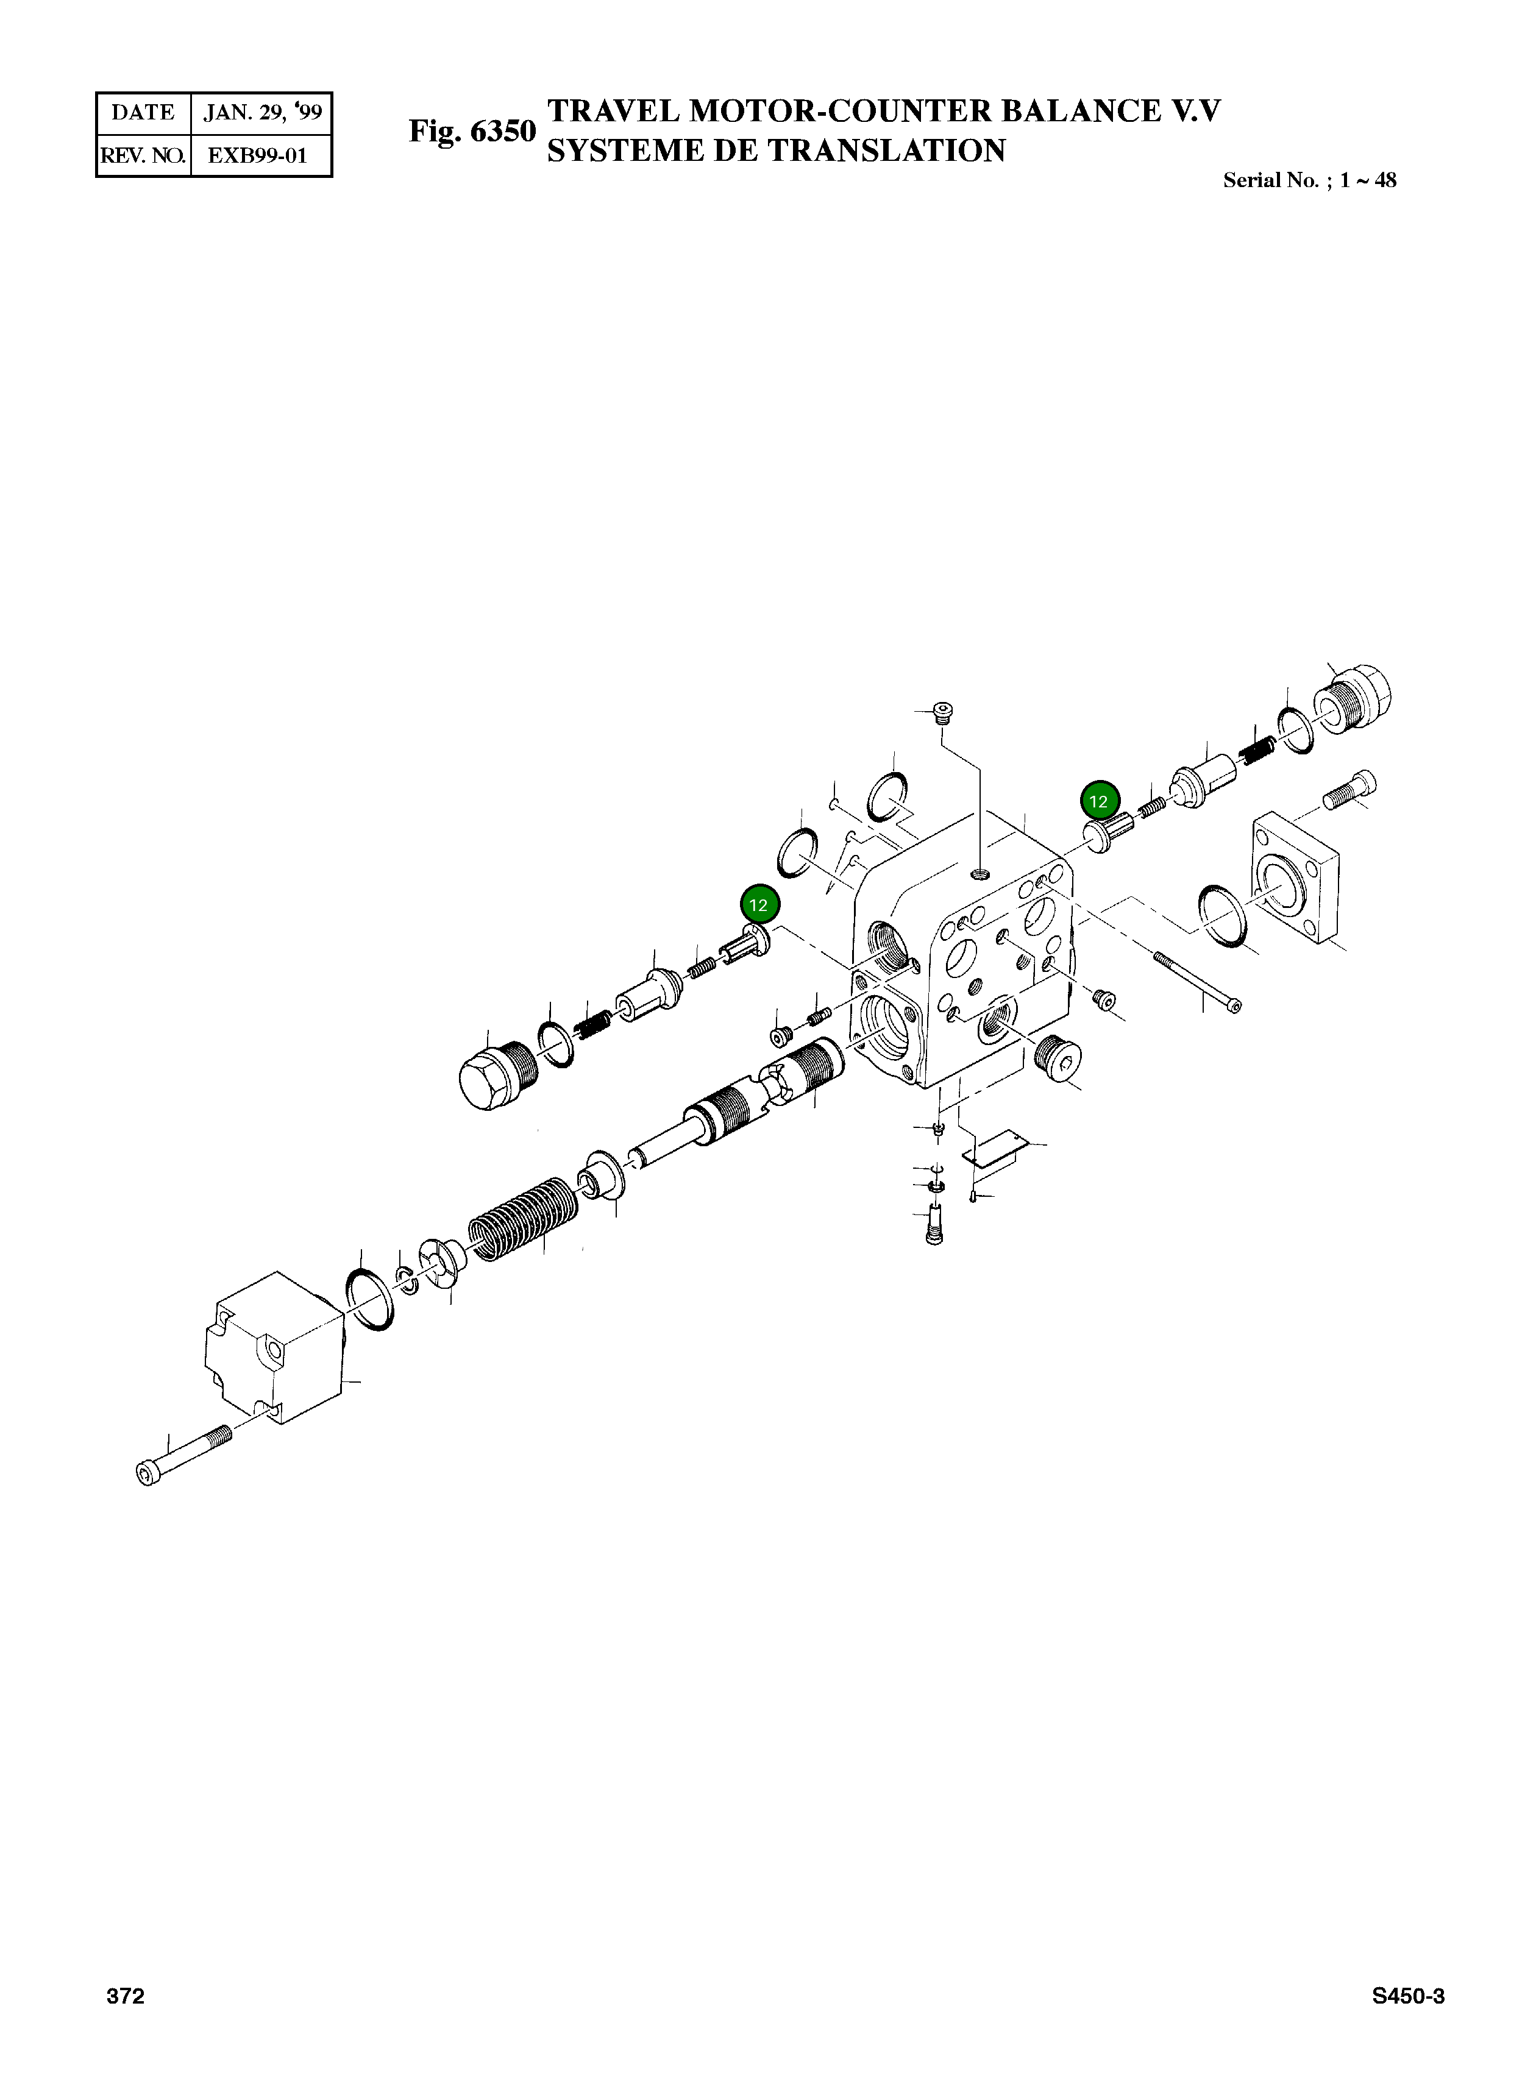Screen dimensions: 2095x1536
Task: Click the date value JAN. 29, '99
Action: click(x=262, y=113)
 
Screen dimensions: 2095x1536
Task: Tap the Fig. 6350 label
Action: click(x=472, y=131)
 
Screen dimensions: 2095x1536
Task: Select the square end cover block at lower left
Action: click(x=272, y=1348)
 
